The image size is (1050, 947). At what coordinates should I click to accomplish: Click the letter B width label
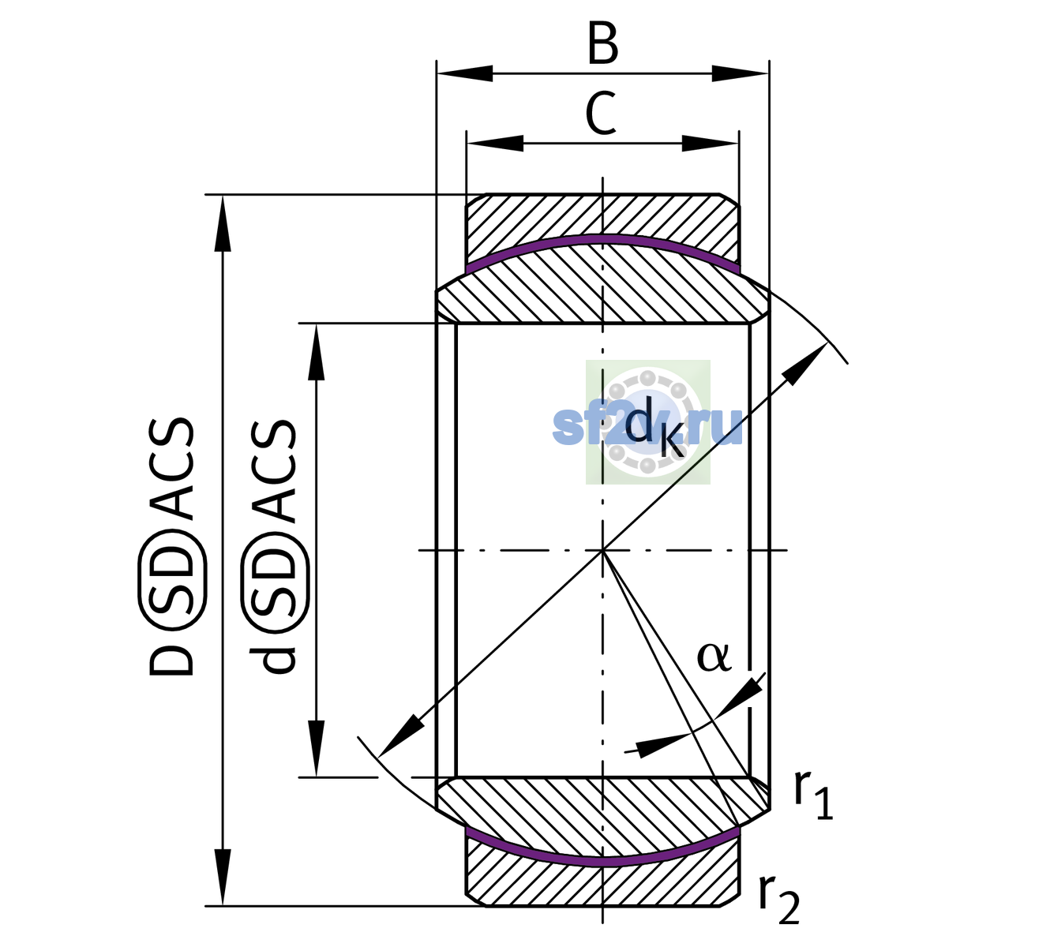coord(602,43)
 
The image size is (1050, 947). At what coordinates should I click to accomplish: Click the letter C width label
coord(600,114)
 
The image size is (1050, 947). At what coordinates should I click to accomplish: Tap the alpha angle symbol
coord(714,657)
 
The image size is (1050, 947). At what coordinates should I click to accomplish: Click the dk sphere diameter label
coord(654,425)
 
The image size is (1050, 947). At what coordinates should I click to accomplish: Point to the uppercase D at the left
coord(171,660)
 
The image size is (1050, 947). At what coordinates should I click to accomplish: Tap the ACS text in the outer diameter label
coord(171,469)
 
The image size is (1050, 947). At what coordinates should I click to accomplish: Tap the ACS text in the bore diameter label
coord(274,471)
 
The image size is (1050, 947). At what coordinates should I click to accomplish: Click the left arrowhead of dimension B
coord(465,73)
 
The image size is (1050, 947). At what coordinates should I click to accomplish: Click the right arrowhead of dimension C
coord(711,144)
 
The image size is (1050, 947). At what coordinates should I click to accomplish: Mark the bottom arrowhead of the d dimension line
coord(316,749)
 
